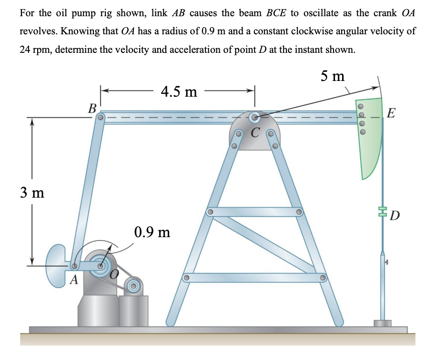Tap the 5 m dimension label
pyautogui.click(x=333, y=76)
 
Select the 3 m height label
pyautogui.click(x=32, y=192)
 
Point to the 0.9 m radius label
pyautogui.click(x=152, y=232)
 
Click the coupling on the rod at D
pyautogui.click(x=382, y=210)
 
